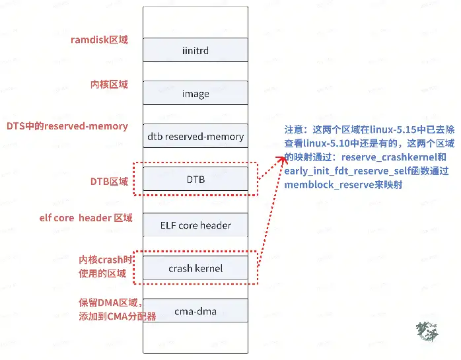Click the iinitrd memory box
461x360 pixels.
pyautogui.click(x=195, y=50)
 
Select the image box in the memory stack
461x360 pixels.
pyautogui.click(x=195, y=93)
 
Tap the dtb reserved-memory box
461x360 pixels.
pyautogui.click(x=195, y=137)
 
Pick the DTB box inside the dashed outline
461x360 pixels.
pyautogui.click(x=195, y=179)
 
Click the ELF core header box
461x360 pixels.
pyautogui.click(x=195, y=225)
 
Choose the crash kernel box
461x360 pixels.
pyautogui.click(x=195, y=268)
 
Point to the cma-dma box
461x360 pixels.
pyautogui.click(x=195, y=311)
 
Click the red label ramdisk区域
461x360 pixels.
pyautogui.click(x=99, y=40)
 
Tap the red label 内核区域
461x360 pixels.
pyautogui.click(x=109, y=85)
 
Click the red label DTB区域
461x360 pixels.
pyautogui.click(x=109, y=181)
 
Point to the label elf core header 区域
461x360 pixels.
pyautogui.click(x=86, y=218)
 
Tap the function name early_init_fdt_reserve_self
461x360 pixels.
pyautogui.click(x=349, y=172)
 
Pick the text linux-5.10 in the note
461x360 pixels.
pyautogui.click(x=330, y=144)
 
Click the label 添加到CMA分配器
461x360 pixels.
pyautogui.click(x=118, y=316)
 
